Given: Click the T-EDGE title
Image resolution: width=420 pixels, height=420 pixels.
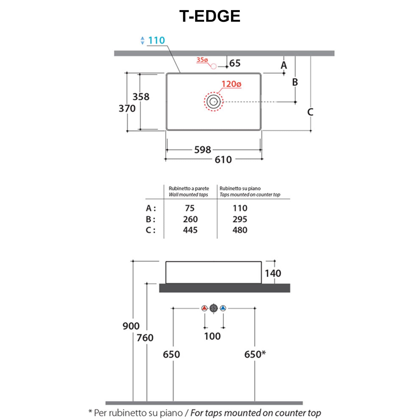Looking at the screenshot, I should [x=210, y=16].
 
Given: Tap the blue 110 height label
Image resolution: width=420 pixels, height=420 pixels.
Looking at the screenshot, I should [x=156, y=40].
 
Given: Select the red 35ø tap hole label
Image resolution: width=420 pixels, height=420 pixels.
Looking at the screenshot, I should [x=202, y=60].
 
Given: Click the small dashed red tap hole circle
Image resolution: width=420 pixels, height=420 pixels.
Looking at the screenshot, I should [x=214, y=66].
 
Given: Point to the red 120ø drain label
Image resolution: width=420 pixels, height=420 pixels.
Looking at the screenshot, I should [x=231, y=84].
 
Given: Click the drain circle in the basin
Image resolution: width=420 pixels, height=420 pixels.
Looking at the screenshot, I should [x=214, y=101].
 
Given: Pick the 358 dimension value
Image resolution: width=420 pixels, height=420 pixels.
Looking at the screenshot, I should [x=141, y=97].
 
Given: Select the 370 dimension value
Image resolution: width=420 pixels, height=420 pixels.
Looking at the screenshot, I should [x=127, y=108].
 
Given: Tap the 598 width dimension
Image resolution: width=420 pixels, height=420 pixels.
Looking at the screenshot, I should [x=202, y=150].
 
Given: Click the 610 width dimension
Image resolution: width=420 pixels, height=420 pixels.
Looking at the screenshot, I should [x=223, y=160].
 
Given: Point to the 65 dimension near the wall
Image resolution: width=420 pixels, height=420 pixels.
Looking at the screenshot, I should [x=235, y=63].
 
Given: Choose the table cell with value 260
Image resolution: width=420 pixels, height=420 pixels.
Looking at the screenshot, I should [x=190, y=219].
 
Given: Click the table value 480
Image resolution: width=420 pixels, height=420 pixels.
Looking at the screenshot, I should [x=240, y=230].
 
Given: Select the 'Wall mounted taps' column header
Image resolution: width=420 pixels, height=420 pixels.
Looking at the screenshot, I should [x=188, y=195].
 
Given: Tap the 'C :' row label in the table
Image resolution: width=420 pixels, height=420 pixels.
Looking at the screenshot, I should [x=151, y=230].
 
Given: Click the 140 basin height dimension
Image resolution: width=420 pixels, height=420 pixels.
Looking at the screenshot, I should [x=273, y=273].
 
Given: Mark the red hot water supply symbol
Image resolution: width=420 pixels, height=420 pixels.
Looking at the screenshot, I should [x=205, y=308].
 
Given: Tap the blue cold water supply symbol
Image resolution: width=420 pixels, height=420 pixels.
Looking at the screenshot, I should [x=223, y=308].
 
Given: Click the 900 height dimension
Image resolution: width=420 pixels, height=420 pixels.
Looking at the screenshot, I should [x=131, y=326].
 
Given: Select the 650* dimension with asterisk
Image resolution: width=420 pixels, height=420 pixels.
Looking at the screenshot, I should [x=255, y=354].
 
